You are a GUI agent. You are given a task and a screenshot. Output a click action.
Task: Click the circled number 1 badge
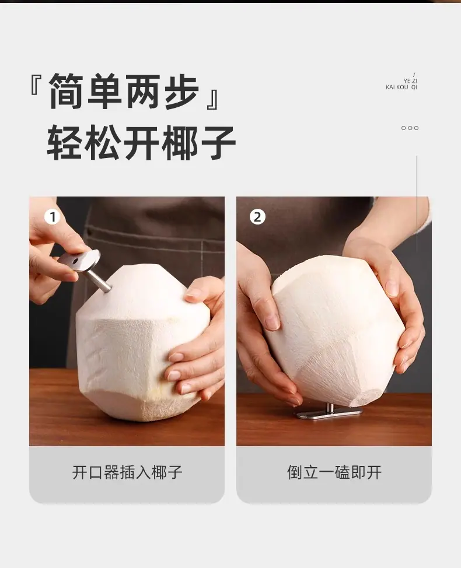point(52,217)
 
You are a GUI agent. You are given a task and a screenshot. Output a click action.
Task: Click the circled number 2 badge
point(257,217)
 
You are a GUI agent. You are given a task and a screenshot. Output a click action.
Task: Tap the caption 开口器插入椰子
point(127,472)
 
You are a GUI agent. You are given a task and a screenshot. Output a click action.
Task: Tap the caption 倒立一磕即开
point(334,472)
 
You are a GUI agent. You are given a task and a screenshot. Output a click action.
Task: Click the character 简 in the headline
point(67,91)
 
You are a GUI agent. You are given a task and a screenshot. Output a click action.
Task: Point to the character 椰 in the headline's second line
point(179,142)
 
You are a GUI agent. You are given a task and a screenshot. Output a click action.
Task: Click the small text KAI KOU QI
point(401,87)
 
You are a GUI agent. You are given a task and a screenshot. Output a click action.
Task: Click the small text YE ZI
point(410,81)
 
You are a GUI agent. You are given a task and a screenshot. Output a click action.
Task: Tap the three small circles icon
point(410,128)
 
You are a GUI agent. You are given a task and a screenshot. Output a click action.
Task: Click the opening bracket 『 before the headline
point(36,85)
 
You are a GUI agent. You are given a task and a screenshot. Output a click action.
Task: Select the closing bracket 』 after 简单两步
point(212,98)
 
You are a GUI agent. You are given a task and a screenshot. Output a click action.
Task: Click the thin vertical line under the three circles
point(417,204)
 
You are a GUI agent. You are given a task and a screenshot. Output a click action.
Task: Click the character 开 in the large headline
point(142,142)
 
